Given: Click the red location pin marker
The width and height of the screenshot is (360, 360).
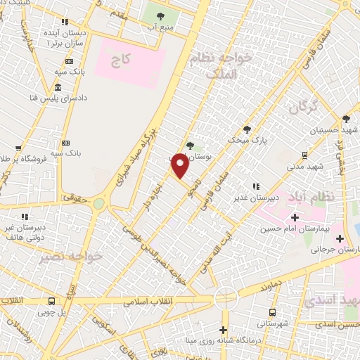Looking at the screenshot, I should pyautogui.click(x=180, y=166).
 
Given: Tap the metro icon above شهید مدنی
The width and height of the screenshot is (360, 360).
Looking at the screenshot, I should pyautogui.click(x=304, y=155).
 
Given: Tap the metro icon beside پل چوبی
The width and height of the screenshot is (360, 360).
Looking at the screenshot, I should pyautogui.click(x=51, y=301).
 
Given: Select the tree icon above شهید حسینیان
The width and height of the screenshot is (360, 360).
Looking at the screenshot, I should pyautogui.click(x=345, y=120).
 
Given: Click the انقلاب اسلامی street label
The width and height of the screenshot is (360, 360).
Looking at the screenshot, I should pyautogui.click(x=148, y=300).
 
